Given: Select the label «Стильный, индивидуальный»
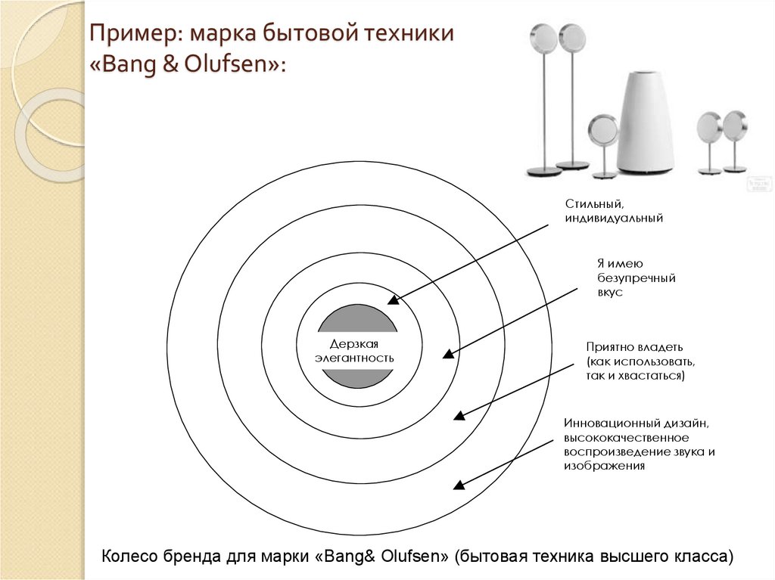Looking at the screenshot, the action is click(x=614, y=211).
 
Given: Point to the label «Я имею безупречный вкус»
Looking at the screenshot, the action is click(x=636, y=278).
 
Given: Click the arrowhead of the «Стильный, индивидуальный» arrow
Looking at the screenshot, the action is click(x=393, y=299).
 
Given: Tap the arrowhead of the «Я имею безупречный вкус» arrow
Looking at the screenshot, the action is click(x=448, y=353).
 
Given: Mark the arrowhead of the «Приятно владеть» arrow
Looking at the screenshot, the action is click(x=459, y=415).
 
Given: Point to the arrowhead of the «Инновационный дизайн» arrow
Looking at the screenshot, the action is click(x=457, y=485).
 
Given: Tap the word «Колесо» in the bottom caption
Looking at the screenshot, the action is click(x=129, y=557).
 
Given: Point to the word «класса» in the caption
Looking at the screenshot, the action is click(x=704, y=557).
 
